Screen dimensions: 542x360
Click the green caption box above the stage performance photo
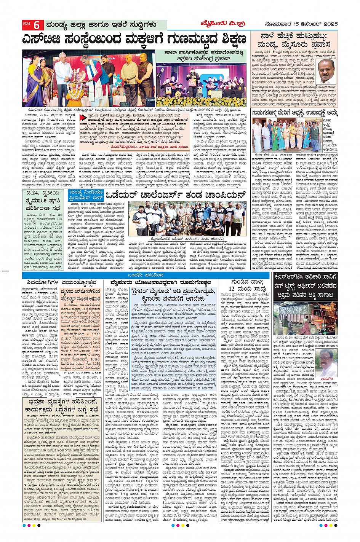coord(201,55)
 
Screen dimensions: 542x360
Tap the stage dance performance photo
coord(201,84)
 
